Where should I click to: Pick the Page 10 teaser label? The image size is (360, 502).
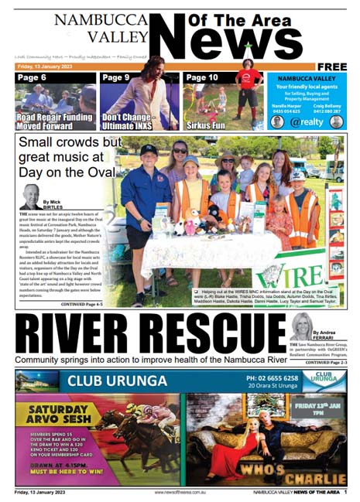(x=202, y=78)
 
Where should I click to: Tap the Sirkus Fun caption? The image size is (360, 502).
(x=207, y=122)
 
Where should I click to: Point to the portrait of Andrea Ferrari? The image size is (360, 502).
(x=300, y=326)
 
